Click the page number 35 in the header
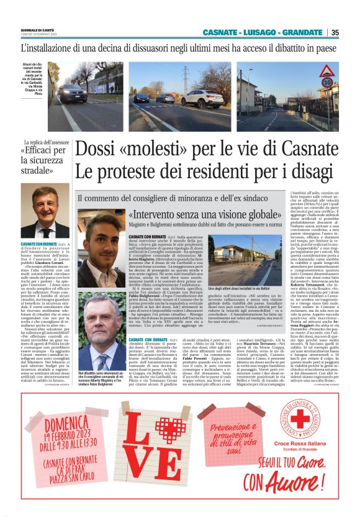[335, 33]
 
